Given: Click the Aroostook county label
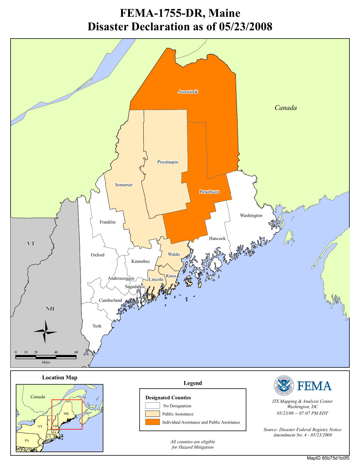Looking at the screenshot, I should pos(188,92).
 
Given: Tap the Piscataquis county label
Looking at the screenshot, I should pos(168,162).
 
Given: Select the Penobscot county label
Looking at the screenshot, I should pos(209,192).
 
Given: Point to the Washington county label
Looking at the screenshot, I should pos(251,215).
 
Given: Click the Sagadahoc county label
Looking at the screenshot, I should pos(135,287).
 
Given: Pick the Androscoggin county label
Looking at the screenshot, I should pos(121,278).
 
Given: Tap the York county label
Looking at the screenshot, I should pos(97,326).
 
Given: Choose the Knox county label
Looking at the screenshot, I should pos(171,276).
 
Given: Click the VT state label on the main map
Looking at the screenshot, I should pos(31,244).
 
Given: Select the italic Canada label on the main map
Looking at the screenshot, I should pos(286,108).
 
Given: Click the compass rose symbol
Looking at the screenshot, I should pos(45,332).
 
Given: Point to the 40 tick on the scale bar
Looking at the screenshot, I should pos(56,352).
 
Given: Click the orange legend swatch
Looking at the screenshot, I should pos(152,422).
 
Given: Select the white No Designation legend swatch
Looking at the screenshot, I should pos(152,406).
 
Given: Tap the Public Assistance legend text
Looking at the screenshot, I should pos(178,414).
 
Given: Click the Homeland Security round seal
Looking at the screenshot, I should pos(284,386).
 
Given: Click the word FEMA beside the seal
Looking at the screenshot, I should pos(314,386).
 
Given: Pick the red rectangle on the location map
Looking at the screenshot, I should pos(67,400).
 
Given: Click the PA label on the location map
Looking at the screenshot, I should pos(27,440).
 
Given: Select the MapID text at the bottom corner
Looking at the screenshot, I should pos(328,458).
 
